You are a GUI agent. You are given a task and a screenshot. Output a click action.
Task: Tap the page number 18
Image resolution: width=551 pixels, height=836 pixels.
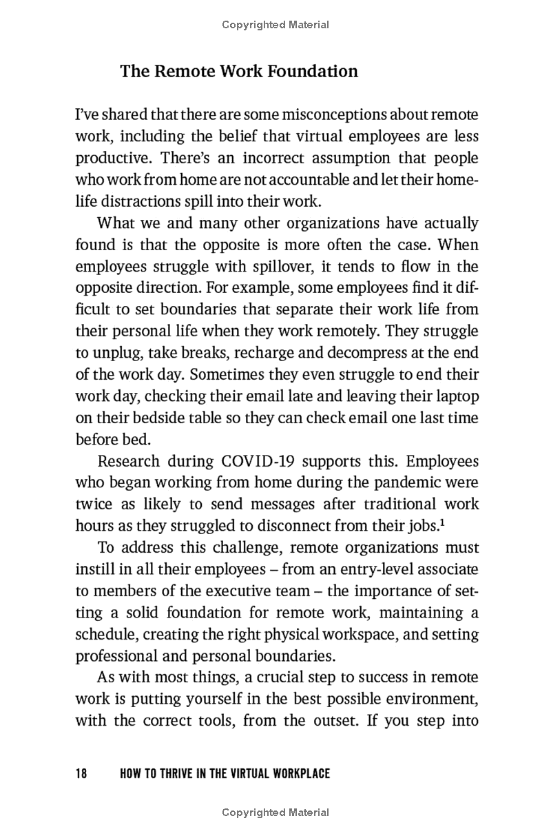pyautogui.click(x=81, y=774)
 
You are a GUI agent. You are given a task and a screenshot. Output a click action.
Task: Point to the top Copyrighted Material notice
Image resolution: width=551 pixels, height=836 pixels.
pyautogui.click(x=275, y=25)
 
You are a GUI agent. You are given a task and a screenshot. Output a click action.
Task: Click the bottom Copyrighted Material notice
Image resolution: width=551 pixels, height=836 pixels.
pyautogui.click(x=275, y=813)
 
